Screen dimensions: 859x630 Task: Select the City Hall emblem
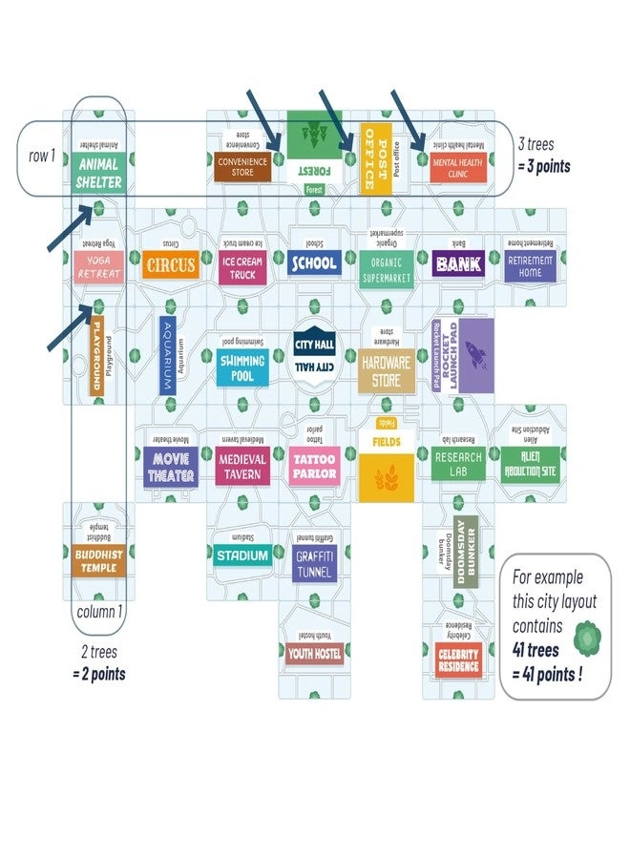(x=314, y=354)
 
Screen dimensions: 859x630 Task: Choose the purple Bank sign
(x=457, y=262)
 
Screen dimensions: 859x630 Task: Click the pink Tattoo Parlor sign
(x=314, y=466)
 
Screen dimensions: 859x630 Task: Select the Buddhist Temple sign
(x=99, y=561)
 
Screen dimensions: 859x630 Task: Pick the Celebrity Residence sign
(x=458, y=660)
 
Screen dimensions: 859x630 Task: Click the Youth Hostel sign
(x=314, y=653)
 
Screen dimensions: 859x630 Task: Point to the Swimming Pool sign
(x=243, y=368)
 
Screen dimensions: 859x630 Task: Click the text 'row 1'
(x=40, y=155)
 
